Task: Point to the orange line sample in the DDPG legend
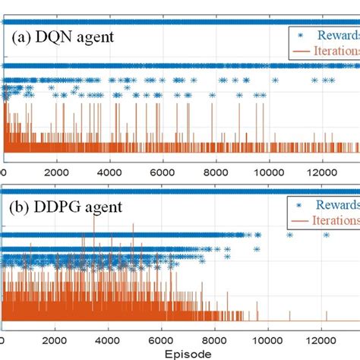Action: pyautogui.click(x=302, y=220)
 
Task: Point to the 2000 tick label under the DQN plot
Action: pyautogui.click(x=57, y=172)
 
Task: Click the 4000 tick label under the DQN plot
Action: pyautogui.click(x=110, y=172)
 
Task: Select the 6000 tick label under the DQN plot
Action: pyautogui.click(x=163, y=172)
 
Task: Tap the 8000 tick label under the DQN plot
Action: pyautogui.click(x=216, y=172)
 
